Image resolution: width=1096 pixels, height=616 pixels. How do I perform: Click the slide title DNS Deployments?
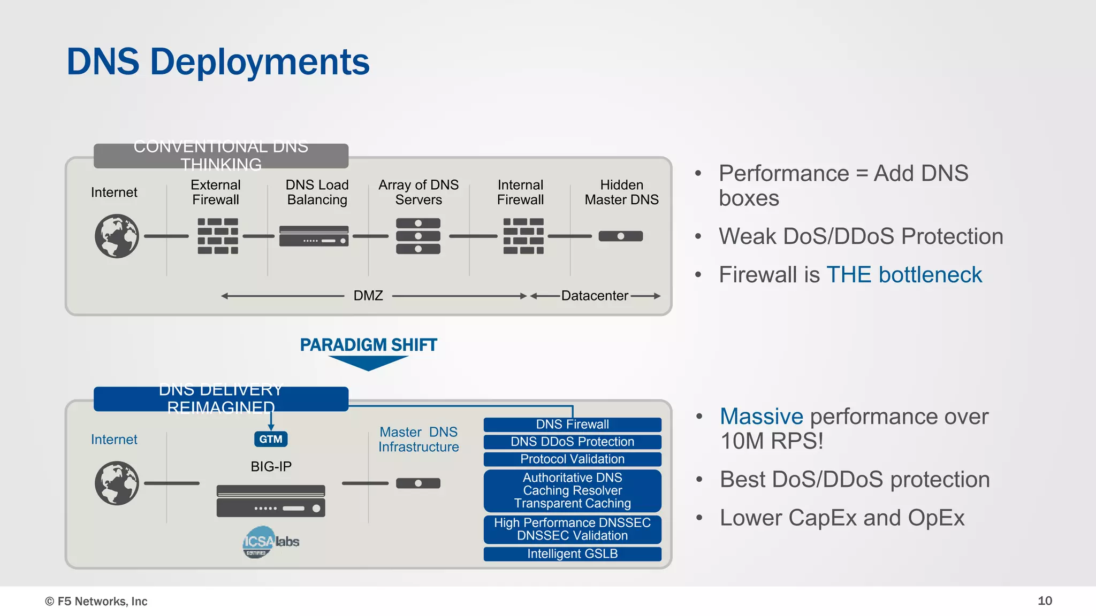(218, 61)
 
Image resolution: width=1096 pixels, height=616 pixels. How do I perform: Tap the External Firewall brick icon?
(218, 236)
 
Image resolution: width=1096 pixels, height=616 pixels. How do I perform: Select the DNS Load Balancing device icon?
(314, 236)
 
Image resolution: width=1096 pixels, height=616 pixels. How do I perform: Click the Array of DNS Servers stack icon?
(418, 236)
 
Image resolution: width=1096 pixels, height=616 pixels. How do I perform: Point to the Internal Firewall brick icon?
(523, 236)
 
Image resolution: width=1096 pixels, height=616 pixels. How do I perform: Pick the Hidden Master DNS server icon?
(620, 236)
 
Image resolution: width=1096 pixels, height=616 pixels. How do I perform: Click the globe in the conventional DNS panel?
(117, 236)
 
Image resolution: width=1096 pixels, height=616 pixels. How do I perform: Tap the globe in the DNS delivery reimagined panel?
(117, 483)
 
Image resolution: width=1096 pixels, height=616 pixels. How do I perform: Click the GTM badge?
(271, 439)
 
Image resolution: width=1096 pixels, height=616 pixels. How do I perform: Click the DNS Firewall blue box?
(572, 425)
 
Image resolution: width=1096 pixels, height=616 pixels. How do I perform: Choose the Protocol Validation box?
(572, 459)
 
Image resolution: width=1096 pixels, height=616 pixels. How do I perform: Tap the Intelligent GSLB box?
(572, 554)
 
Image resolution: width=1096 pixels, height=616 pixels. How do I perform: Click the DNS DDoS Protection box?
(572, 442)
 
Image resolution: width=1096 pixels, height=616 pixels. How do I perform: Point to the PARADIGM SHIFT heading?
(368, 345)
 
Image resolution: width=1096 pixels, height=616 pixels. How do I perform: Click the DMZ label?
(368, 296)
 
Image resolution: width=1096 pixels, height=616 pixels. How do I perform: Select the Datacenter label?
(594, 296)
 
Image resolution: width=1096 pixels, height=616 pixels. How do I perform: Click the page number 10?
(1045, 601)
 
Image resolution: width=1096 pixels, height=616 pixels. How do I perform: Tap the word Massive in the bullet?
(761, 417)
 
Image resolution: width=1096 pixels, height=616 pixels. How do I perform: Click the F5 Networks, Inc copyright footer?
(96, 602)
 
